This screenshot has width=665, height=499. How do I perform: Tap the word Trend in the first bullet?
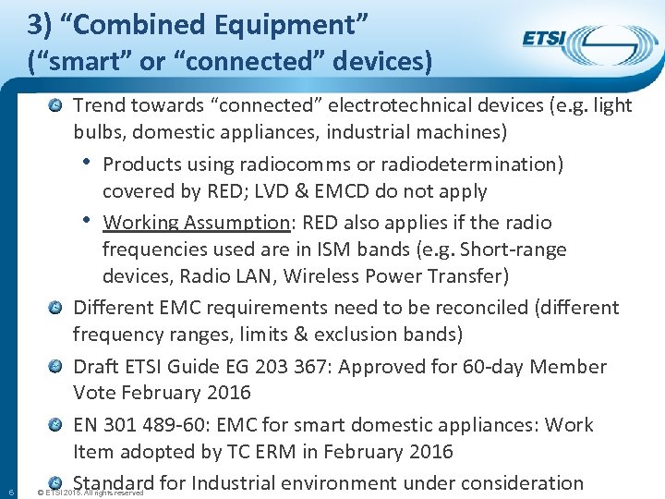[100, 105]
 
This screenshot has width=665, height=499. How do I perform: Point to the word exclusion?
[344, 334]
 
